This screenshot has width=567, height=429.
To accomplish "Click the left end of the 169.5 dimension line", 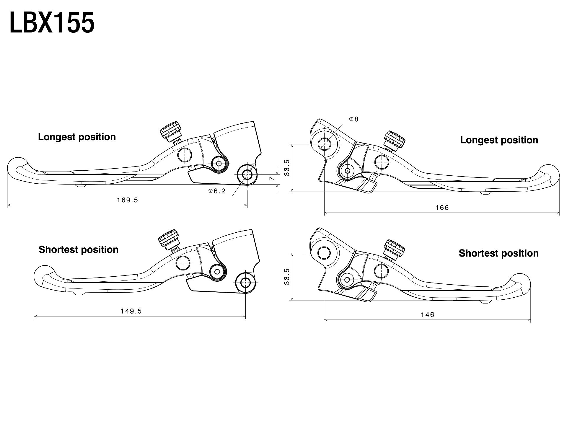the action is click(7, 205).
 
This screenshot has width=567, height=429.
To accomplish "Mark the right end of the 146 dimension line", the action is click(531, 320).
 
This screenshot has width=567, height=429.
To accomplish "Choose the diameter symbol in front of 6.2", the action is click(211, 191).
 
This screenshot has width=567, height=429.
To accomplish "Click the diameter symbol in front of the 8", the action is click(351, 119).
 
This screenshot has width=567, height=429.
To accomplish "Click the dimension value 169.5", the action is click(128, 200).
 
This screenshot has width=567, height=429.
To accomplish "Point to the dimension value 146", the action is click(428, 315).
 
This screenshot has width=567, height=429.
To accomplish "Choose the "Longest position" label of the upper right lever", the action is click(499, 140).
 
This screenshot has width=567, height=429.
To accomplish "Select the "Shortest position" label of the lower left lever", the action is click(79, 249).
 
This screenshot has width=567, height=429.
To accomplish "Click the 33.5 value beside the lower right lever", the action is click(287, 277).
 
